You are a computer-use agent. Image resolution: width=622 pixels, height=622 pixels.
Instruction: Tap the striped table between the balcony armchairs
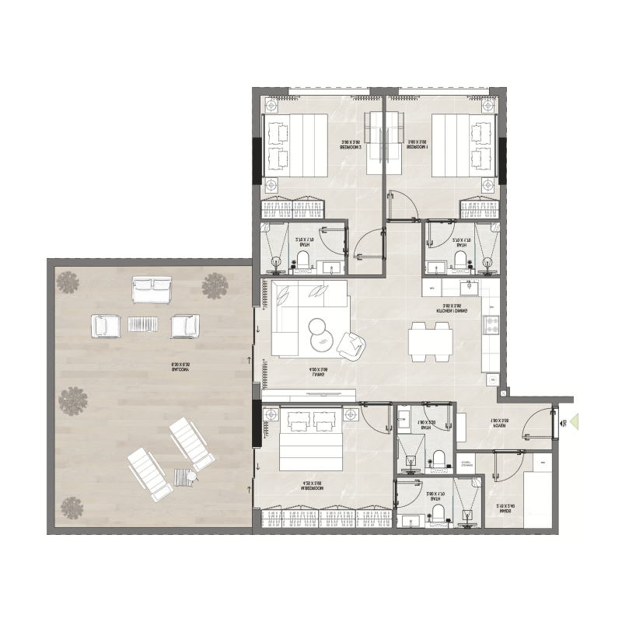pos(142,324)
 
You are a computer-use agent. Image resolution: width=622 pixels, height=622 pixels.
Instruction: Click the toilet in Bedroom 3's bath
pos(303,260)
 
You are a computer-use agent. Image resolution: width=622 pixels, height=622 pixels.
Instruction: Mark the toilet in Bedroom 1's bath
pos(461,260)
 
